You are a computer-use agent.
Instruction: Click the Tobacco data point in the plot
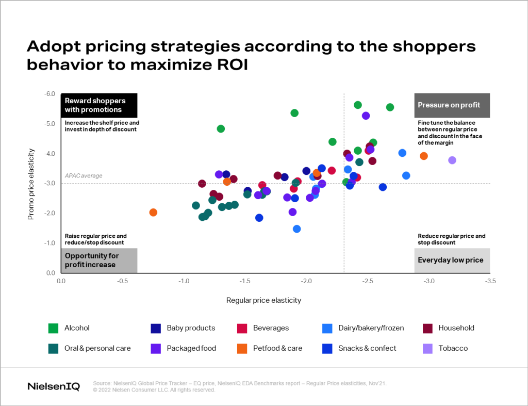tap(452, 160)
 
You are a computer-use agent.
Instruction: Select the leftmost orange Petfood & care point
tap(153, 213)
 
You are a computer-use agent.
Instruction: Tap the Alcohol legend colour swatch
tap(53, 328)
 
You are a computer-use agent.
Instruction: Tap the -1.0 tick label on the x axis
tap(184, 282)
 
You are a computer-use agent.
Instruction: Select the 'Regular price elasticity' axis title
tap(263, 300)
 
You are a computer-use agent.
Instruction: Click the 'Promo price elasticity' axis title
tap(31, 184)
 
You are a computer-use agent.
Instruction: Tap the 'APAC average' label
tap(84, 176)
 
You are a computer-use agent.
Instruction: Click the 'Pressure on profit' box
tap(452, 105)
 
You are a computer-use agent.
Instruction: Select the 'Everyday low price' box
tap(452, 261)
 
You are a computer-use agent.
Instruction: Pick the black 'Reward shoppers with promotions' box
tap(98, 105)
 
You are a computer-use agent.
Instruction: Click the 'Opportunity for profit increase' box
tap(98, 261)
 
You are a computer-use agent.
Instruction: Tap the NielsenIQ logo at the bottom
tap(53, 386)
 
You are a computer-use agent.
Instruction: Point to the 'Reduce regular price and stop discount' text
tap(452, 239)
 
